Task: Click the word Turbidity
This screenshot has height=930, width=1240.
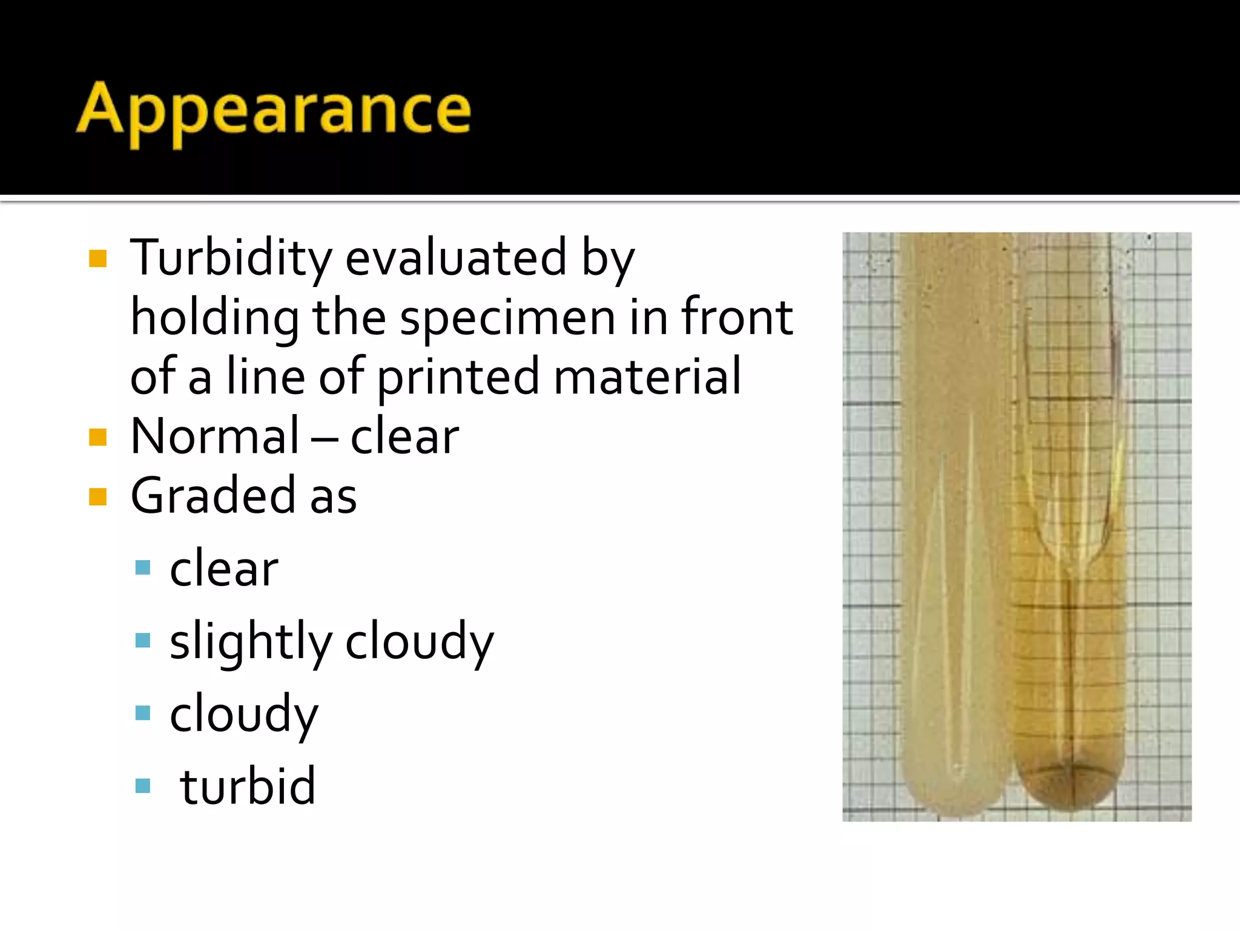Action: pos(231,259)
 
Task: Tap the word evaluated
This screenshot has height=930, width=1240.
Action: pos(456,258)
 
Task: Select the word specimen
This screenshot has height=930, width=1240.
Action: pos(507,317)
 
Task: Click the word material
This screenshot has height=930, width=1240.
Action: pos(647,377)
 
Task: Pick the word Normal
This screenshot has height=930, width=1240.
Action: pos(215,436)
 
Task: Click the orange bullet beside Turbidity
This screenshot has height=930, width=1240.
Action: pos(97,259)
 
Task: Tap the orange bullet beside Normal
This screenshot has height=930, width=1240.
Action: pos(97,437)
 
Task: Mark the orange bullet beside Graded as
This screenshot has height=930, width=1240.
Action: pos(97,496)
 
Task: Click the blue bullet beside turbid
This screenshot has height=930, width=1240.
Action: pos(143,785)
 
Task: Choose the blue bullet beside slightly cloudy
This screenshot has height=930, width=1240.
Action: pos(143,640)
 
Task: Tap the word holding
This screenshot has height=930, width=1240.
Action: pos(214,318)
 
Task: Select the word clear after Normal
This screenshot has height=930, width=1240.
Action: pos(404,436)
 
